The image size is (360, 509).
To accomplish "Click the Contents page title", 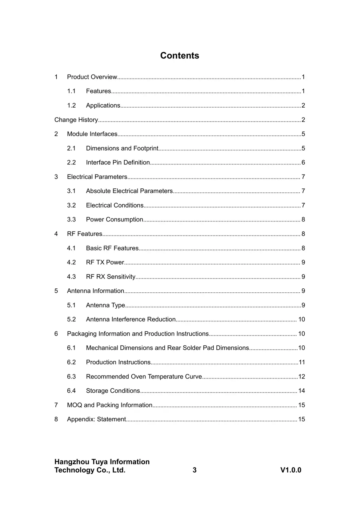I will (180, 56).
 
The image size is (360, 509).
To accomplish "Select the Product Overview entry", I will (92, 77).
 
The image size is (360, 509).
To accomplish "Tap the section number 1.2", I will (71, 105).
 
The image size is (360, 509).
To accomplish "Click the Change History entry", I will (76, 120).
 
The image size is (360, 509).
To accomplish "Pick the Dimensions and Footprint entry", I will (122, 148).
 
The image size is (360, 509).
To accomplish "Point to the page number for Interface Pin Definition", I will (303, 163).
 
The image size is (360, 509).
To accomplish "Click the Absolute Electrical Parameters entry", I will (129, 191).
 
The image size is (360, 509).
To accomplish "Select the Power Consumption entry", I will (114, 220).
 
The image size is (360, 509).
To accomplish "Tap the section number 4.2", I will (71, 262).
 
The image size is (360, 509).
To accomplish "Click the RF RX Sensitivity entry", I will (111, 277).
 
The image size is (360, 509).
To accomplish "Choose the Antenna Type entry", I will (105, 305).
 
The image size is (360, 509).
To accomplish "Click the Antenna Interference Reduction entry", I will (131, 320).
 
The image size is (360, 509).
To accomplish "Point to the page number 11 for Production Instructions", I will (301, 362).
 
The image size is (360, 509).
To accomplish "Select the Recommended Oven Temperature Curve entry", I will (144, 377).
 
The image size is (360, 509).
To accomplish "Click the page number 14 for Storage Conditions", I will (301, 391).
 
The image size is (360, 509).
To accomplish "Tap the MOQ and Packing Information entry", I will (109, 405).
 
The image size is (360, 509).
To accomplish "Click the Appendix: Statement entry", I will (96, 419).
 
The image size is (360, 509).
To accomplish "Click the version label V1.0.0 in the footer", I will (291, 470).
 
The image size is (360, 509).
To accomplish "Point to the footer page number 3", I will (195, 470).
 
